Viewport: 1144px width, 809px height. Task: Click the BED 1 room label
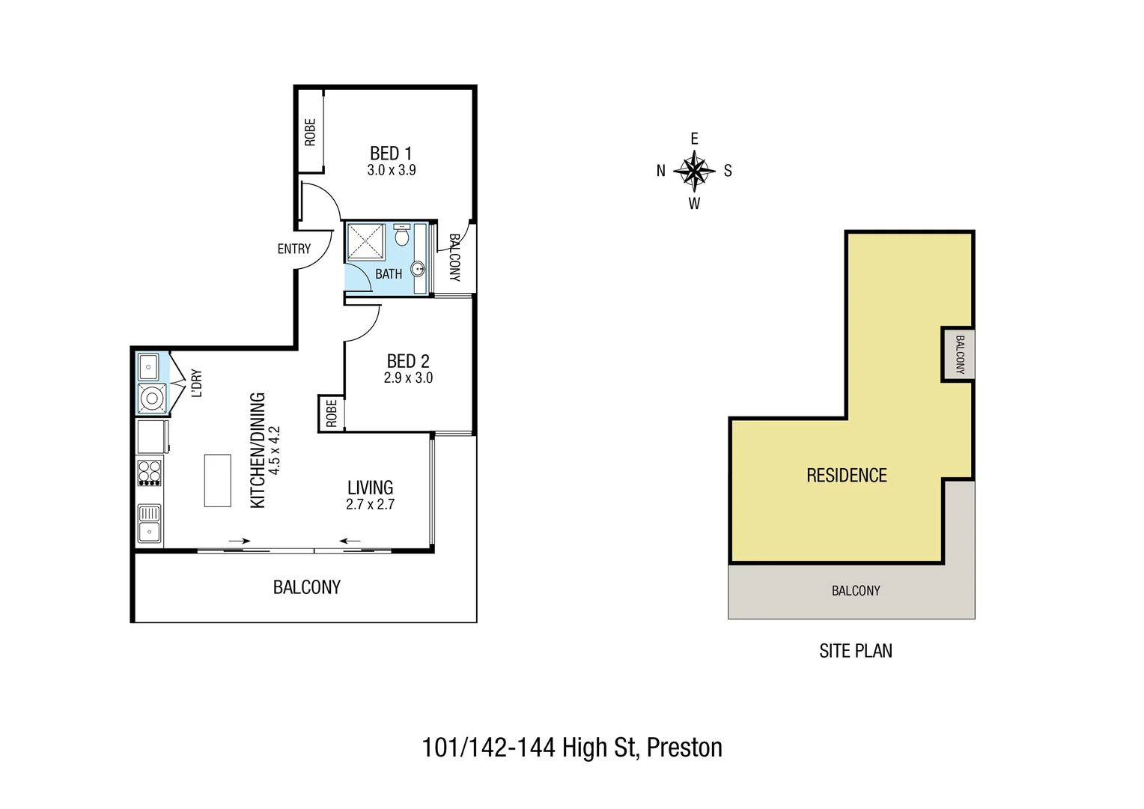tap(390, 153)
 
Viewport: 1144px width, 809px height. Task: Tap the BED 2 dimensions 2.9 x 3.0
tap(408, 378)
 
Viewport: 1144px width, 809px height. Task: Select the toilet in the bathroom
tap(402, 236)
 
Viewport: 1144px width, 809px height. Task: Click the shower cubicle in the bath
tap(365, 242)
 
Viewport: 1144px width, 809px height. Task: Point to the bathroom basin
tap(418, 268)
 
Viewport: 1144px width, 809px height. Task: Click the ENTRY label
tap(293, 249)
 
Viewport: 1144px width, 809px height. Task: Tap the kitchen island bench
tap(217, 480)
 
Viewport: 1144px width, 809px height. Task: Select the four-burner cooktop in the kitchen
tap(149, 473)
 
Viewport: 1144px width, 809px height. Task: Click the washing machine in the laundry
tap(152, 398)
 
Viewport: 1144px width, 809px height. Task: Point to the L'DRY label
tap(197, 383)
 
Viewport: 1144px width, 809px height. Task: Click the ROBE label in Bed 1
tap(310, 133)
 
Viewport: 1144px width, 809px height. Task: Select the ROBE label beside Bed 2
tap(331, 413)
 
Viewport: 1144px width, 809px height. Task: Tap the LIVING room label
tap(370, 488)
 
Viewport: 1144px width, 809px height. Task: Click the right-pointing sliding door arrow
tap(240, 540)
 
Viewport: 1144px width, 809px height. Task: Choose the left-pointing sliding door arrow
tap(350, 540)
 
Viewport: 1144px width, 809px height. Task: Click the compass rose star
tap(695, 172)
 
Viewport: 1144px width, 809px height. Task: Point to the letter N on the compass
tap(660, 171)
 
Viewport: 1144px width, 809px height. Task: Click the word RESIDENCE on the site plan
tap(846, 476)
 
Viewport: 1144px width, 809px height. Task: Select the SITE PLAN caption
tap(855, 651)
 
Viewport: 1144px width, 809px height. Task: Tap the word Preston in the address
tap(684, 748)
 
